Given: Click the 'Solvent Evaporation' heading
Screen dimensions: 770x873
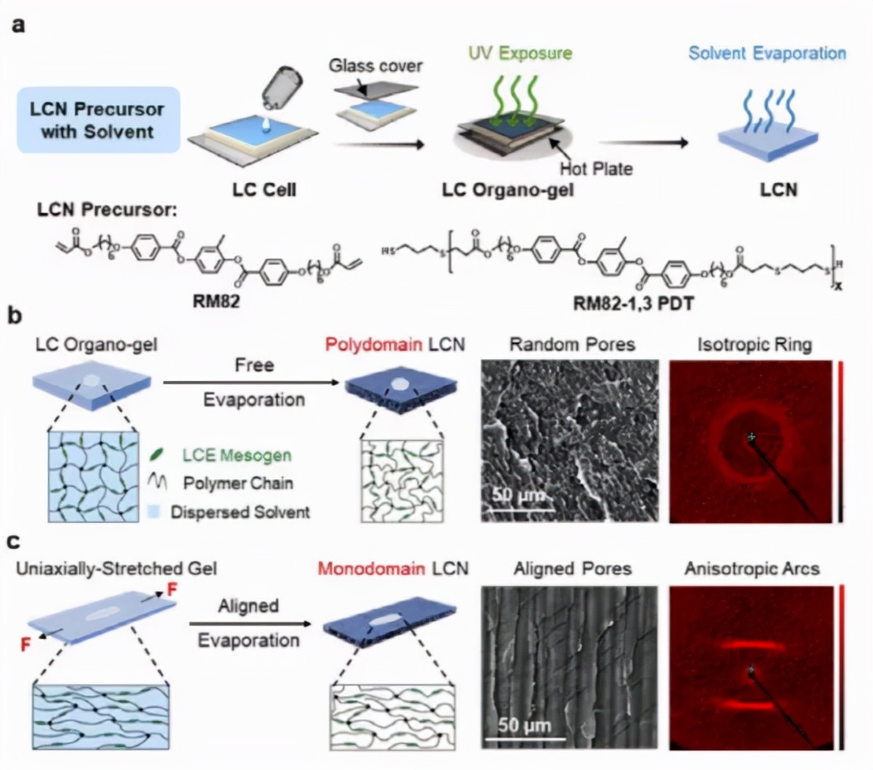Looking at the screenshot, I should click(767, 54).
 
